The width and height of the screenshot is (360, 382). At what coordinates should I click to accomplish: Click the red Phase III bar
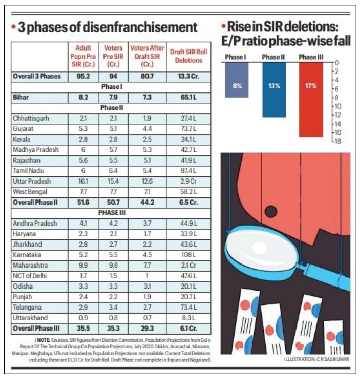(x=311, y=100)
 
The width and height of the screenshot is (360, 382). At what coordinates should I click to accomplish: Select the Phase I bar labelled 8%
(x=237, y=80)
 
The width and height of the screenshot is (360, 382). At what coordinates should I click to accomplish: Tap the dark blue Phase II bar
(x=274, y=90)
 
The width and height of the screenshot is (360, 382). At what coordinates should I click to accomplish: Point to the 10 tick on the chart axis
(x=338, y=106)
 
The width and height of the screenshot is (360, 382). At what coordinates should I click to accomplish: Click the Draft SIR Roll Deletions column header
(x=189, y=56)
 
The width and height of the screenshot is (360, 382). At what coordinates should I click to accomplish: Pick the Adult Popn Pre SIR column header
(x=83, y=56)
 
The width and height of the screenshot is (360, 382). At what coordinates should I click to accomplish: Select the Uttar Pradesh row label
(x=32, y=181)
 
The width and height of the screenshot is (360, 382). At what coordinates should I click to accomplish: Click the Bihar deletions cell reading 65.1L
(x=188, y=97)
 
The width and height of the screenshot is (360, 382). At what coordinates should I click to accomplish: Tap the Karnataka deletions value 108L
(x=188, y=255)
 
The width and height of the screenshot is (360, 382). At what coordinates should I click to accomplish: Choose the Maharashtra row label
(x=30, y=265)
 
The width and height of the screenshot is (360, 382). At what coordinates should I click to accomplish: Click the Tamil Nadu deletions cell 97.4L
(x=188, y=171)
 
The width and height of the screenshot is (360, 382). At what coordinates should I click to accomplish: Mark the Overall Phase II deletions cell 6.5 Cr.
(x=188, y=202)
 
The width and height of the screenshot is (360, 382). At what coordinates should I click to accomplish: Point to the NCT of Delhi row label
(x=30, y=276)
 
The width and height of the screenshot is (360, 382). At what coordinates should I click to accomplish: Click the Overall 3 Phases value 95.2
(x=83, y=76)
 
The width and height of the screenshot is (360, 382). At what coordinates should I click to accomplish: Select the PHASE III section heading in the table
(x=112, y=213)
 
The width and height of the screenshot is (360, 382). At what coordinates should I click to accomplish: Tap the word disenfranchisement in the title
(x=140, y=27)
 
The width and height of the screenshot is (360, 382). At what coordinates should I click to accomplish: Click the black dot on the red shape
(x=271, y=211)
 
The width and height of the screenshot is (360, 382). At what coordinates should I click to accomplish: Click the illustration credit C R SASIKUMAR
(x=333, y=359)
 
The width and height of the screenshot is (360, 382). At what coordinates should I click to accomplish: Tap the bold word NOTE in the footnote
(x=44, y=340)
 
